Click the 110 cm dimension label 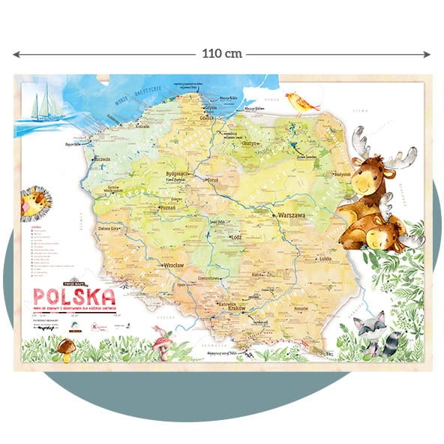pyautogui.click(x=222, y=54)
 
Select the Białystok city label pyautogui.click(x=343, y=172)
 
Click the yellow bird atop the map pyautogui.click(x=302, y=102)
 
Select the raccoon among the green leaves pyautogui.click(x=372, y=331)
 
